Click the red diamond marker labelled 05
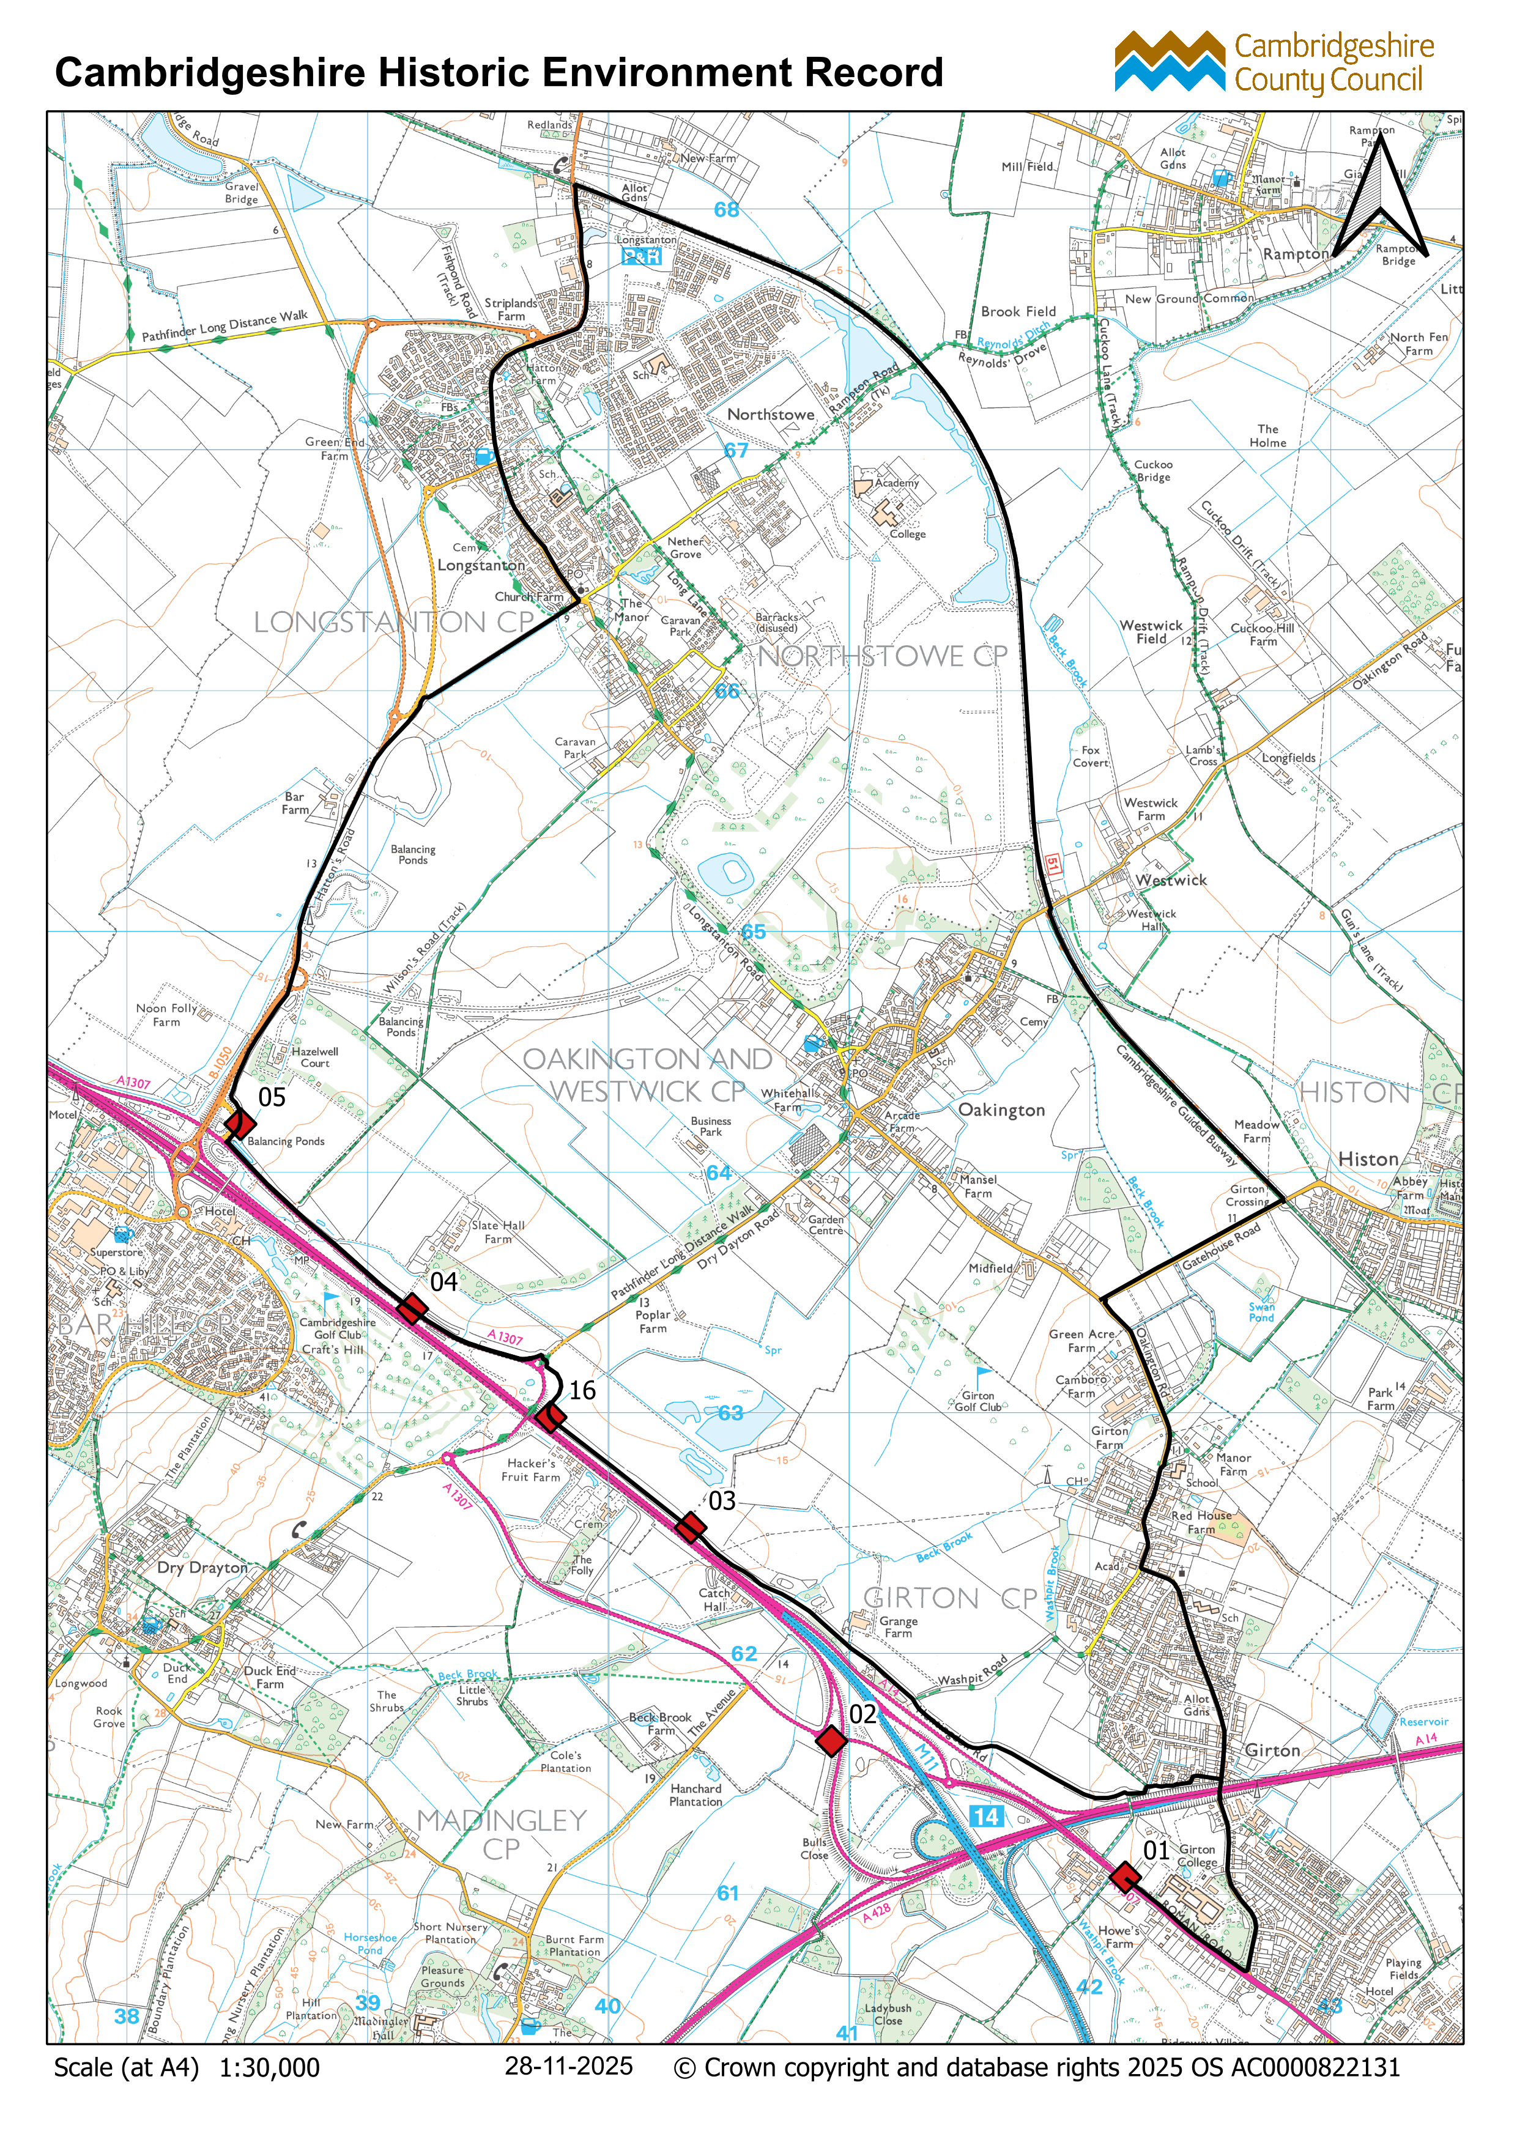pos(239,1124)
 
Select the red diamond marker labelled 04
pos(412,1309)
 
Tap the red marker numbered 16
pos(550,1418)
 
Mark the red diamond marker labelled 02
pos(831,1741)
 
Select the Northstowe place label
pos(771,414)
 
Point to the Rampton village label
pos(1295,254)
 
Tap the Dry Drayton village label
pos(202,1568)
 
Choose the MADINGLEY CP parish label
pos(502,1834)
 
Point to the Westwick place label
pos(1171,880)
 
